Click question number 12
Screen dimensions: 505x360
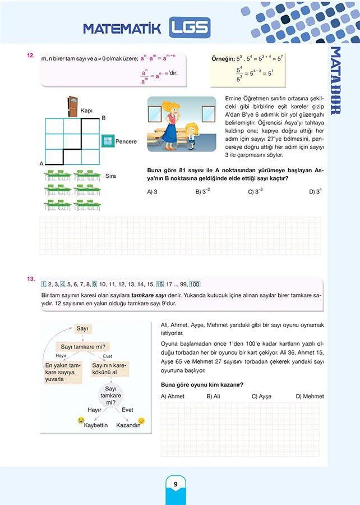click(31, 56)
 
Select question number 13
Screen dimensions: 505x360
click(31, 278)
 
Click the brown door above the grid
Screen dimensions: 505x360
click(72, 106)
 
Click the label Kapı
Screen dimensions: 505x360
click(86, 111)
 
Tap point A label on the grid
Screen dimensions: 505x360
click(41, 164)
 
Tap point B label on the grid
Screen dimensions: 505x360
click(103, 118)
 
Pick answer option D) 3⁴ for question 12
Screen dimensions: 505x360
click(315, 191)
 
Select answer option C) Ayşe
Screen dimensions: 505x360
click(261, 396)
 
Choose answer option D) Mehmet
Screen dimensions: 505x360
click(310, 396)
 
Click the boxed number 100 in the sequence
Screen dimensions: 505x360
click(195, 284)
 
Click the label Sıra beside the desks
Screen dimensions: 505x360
click(110, 176)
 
